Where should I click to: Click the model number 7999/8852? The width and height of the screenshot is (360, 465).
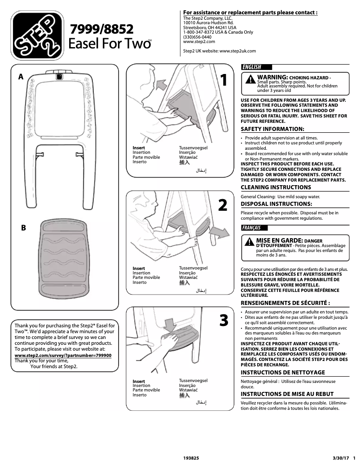pos(101,30)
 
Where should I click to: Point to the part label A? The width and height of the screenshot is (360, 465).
pos(20,77)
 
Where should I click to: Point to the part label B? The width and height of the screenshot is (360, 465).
pos(24,228)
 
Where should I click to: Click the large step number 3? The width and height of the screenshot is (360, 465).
pos(224,321)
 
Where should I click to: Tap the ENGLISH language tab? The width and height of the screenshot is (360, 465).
pos(252,67)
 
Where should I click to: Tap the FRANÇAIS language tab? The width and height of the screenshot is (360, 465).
pos(252,228)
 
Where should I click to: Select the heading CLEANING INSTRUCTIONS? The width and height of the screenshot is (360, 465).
pos(276,187)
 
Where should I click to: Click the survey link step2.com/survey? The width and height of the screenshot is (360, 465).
pos(63,355)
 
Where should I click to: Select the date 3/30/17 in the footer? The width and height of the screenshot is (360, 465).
pos(340,459)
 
